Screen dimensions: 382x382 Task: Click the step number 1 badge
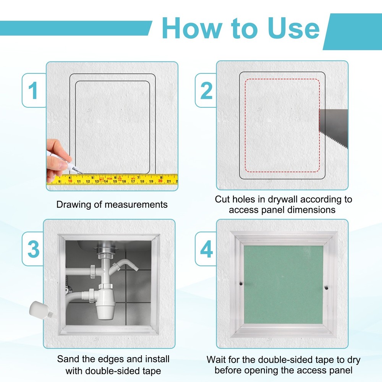[x=34, y=91]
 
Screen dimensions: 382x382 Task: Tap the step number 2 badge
[x=206, y=91]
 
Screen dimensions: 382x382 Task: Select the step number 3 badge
[x=34, y=249]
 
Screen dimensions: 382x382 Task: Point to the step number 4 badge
[x=206, y=249]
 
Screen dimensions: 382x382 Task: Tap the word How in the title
[x=191, y=29]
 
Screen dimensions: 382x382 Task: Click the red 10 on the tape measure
[x=70, y=181]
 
